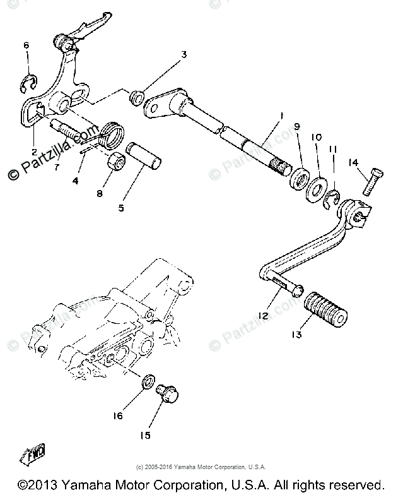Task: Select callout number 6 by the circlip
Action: [x=26, y=45]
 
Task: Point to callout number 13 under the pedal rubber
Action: [x=296, y=335]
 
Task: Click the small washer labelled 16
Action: [x=146, y=383]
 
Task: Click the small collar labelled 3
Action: [x=134, y=99]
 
